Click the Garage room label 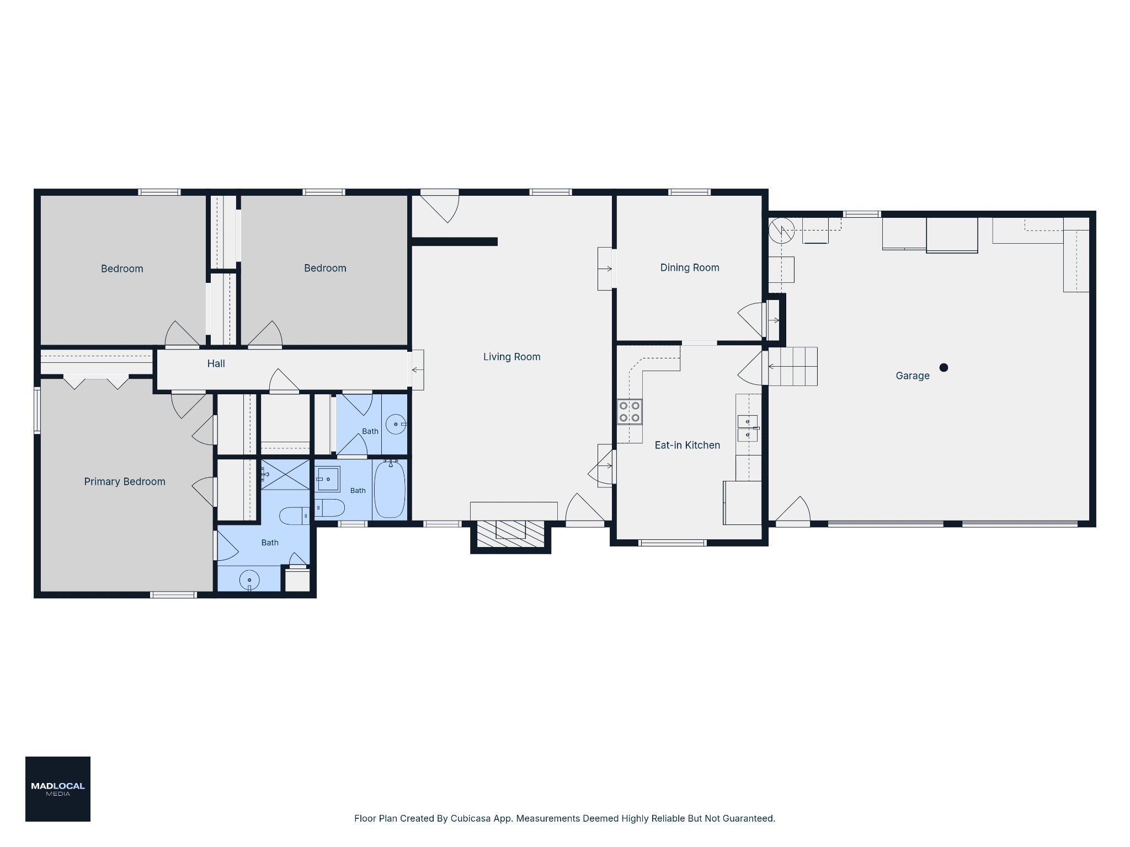coord(912,376)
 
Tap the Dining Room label coord(690,268)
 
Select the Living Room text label coord(511,357)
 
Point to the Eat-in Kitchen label coord(687,446)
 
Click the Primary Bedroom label coord(125,482)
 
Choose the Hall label coord(216,364)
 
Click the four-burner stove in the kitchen coord(630,411)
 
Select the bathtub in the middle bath coord(390,489)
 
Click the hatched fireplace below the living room coord(510,534)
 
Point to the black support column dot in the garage coord(944,368)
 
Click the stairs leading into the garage coord(793,366)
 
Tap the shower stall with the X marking coord(285,474)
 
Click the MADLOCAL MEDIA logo coord(58,789)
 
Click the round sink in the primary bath coord(249,580)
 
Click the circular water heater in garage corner coord(782,230)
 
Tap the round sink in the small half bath coord(396,425)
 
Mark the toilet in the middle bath coord(329,508)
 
